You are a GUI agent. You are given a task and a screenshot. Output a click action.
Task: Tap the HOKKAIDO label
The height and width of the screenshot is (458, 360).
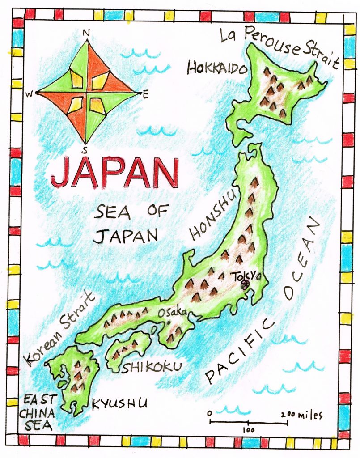[217, 68]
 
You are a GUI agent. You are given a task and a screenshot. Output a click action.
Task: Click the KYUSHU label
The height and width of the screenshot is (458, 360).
[119, 404]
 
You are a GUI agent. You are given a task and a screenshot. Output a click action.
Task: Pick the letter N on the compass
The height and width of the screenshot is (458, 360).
[86, 32]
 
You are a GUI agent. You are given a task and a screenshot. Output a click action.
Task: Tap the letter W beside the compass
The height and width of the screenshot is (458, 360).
[29, 94]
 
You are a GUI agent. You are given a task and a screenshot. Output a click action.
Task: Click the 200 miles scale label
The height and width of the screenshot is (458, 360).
[302, 415]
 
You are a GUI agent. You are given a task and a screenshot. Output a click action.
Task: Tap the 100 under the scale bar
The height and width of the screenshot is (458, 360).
[249, 430]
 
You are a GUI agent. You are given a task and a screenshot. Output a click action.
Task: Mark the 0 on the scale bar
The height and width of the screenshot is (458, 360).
[209, 413]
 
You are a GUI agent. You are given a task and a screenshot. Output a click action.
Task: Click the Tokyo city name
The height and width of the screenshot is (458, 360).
[245, 276]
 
